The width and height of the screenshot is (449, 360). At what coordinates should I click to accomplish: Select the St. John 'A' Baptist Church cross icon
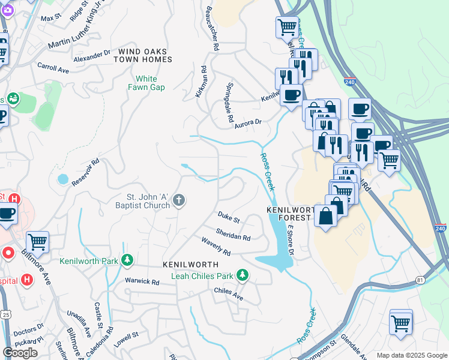point(179,201)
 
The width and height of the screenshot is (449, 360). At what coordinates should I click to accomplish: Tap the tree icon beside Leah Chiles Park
point(242,275)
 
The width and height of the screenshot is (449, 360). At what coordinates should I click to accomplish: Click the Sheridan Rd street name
point(234,234)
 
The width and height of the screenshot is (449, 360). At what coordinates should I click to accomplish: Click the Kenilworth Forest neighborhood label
point(291,214)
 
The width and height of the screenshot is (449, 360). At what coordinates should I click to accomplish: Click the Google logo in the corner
point(20,353)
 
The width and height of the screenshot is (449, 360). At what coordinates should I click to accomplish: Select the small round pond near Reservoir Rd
point(63,179)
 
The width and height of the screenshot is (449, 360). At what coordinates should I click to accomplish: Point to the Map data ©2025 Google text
point(411,355)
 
